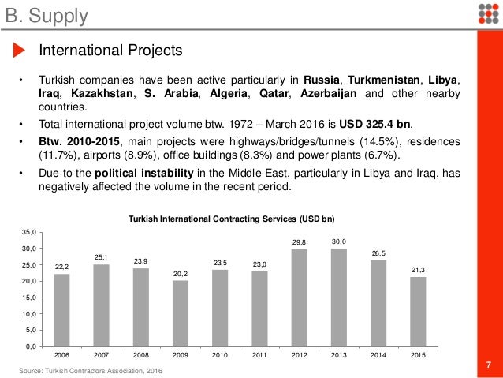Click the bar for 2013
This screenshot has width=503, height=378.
point(338,297)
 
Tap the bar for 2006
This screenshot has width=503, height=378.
point(61,309)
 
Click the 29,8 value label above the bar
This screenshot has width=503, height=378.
point(299,242)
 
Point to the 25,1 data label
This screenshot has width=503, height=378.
point(101,257)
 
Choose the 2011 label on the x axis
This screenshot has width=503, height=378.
point(259,356)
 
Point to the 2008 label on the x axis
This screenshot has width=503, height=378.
point(140,356)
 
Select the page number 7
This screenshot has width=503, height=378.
point(489,364)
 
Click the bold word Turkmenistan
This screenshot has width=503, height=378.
point(388,80)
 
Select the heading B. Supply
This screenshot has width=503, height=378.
point(44,14)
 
